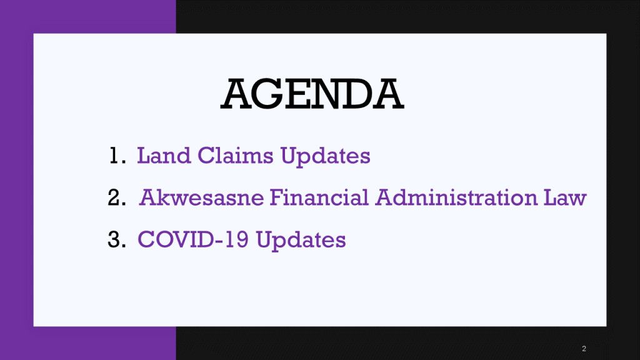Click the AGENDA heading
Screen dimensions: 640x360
(x=312, y=94)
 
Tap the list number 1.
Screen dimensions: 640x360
(x=117, y=156)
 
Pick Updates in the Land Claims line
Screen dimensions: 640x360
(x=325, y=157)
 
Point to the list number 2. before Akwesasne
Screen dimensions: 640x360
(x=117, y=197)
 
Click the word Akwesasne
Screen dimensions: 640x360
(x=202, y=197)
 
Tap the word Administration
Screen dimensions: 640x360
(x=456, y=197)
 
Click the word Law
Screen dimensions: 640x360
(x=565, y=197)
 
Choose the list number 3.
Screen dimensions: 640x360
(x=117, y=239)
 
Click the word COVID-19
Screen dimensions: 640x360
(x=193, y=239)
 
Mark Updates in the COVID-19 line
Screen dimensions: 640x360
(x=301, y=241)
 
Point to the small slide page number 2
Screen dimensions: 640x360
(x=584, y=349)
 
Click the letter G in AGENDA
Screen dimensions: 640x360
(x=267, y=94)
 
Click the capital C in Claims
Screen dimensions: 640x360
(x=206, y=156)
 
